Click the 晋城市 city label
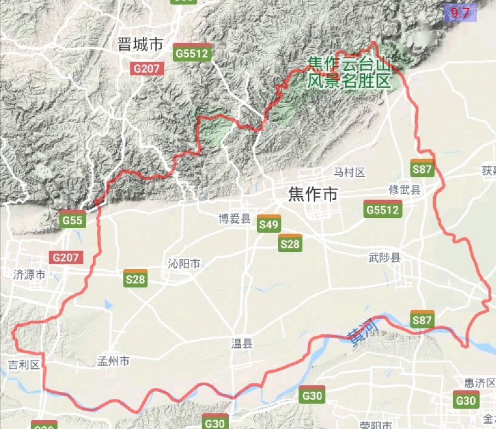point(140,45)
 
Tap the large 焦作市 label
point(313,194)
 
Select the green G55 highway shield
point(73,220)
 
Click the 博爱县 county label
point(234,219)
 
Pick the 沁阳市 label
point(184,264)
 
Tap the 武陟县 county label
point(385,257)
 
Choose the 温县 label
point(242,344)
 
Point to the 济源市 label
point(29,275)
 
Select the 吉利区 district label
point(24,365)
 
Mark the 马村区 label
point(349,172)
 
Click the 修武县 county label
point(405,190)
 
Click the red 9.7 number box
point(460,13)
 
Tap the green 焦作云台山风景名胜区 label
point(349,72)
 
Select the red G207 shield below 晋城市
point(147,69)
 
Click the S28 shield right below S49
point(290,243)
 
